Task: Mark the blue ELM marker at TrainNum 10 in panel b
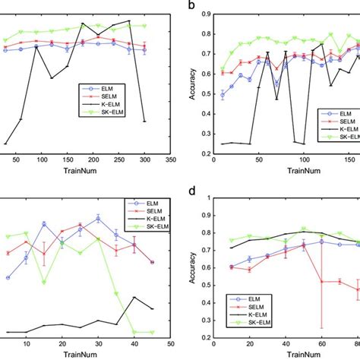point(223,95)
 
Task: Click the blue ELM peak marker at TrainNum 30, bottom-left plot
point(99,219)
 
